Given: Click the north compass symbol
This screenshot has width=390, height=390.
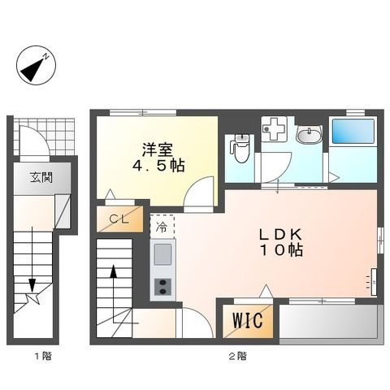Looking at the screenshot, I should [35, 68].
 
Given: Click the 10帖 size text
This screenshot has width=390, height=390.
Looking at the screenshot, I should [281, 252].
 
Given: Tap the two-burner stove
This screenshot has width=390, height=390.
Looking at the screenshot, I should [162, 286].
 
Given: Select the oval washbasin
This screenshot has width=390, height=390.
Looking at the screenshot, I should [308, 136].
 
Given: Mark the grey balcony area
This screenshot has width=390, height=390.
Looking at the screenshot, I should [330, 324].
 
